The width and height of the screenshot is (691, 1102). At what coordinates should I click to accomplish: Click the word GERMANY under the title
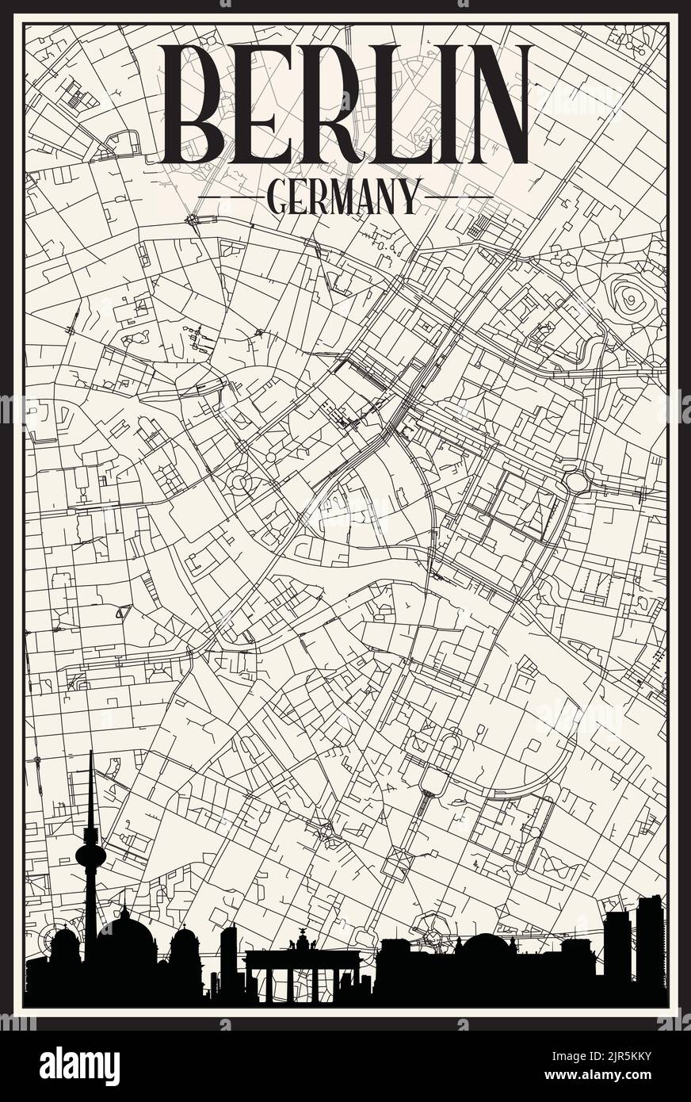tap(344, 197)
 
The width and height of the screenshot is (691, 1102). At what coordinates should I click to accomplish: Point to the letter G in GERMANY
tap(279, 197)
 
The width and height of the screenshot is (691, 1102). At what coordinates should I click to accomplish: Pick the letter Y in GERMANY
tap(409, 197)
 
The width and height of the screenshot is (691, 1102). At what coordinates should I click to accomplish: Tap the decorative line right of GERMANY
tap(459, 197)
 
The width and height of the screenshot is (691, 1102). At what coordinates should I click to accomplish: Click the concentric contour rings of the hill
tap(632, 299)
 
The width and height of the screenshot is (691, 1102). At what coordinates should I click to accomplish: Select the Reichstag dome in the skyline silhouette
tap(489, 947)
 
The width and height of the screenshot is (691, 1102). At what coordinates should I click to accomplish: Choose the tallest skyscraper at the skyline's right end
tap(649, 943)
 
